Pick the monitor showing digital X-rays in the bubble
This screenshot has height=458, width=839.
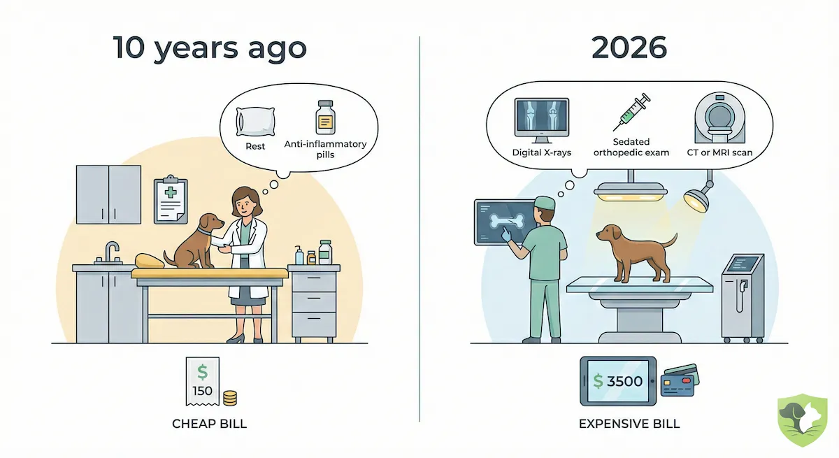(x=541, y=117)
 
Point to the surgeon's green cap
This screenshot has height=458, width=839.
(x=545, y=202)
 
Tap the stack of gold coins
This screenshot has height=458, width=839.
(x=229, y=398)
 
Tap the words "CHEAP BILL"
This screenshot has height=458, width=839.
(x=210, y=424)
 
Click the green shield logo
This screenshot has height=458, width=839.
(x=802, y=420)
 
